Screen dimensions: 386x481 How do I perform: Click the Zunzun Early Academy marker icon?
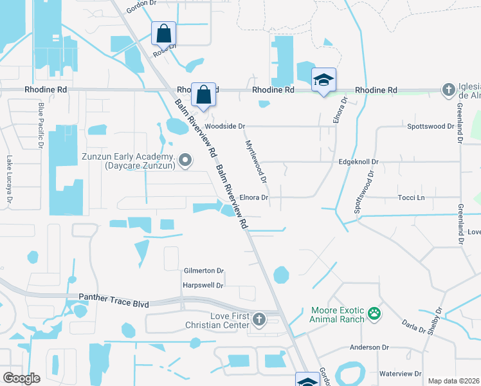[185, 160]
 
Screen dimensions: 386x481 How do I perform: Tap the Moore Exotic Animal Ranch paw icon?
[374, 315]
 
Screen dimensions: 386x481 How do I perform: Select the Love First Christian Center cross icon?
[259, 320]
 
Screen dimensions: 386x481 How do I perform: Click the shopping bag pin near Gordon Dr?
[164, 33]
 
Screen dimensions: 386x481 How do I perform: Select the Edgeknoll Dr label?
[359, 162]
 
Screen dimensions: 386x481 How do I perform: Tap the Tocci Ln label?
[412, 198]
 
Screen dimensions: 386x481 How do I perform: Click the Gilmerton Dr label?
[203, 271]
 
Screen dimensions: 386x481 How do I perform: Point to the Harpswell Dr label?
[203, 285]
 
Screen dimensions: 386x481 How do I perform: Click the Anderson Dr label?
[370, 347]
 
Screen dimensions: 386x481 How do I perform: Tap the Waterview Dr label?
[400, 374]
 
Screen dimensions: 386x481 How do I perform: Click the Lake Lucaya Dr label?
[10, 181]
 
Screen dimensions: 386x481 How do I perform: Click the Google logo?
[21, 378]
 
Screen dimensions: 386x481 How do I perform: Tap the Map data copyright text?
[453, 381]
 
